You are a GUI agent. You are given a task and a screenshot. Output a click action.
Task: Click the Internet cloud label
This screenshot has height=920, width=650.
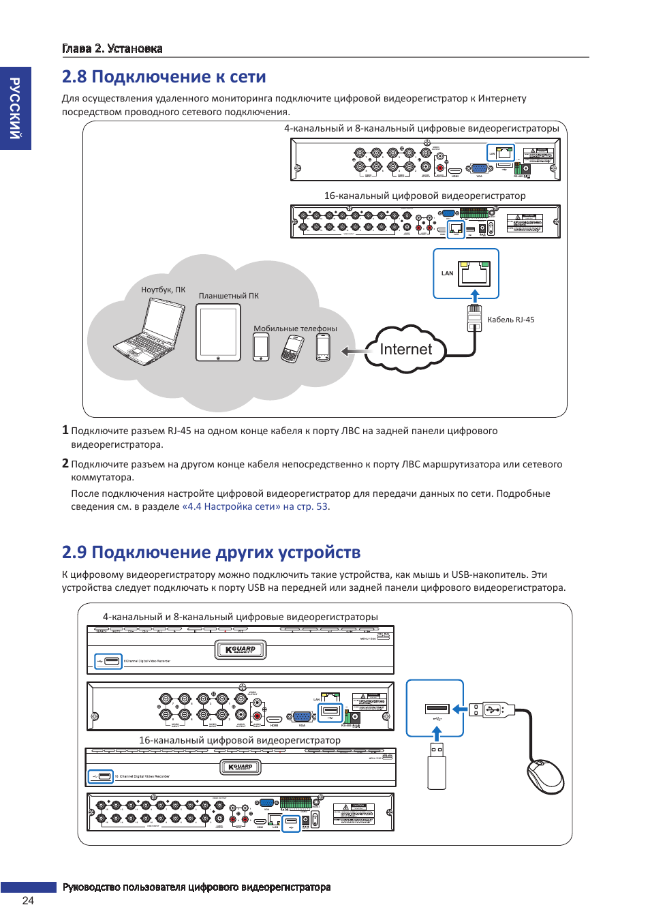click(x=405, y=350)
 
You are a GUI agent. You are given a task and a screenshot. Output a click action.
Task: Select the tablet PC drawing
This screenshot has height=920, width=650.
click(x=219, y=333)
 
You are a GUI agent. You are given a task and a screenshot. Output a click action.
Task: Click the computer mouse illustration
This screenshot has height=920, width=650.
click(x=545, y=776)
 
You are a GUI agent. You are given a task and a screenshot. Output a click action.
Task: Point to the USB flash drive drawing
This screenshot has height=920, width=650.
click(x=437, y=766)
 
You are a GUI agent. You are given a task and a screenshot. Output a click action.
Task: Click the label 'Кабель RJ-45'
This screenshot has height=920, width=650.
click(x=510, y=320)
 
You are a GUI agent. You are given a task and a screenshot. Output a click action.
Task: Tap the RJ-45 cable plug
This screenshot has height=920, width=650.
click(x=474, y=317)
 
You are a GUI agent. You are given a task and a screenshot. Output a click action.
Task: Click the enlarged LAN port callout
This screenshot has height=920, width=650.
click(x=466, y=273)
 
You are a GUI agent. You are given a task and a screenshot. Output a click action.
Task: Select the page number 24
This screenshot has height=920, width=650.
click(x=28, y=900)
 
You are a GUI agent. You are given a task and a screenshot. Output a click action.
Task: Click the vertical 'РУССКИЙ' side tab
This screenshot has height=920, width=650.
click(x=15, y=108)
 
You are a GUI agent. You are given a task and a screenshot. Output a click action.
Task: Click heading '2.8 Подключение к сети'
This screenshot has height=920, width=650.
click(x=164, y=77)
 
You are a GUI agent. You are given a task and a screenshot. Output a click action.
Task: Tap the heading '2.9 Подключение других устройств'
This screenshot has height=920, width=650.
click(x=211, y=552)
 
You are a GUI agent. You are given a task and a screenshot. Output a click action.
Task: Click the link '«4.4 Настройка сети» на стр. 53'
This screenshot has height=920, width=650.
click(x=255, y=506)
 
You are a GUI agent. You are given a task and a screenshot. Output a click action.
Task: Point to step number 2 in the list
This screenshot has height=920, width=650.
click(x=65, y=463)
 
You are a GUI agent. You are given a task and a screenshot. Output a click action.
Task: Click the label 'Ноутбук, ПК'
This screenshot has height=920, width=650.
click(x=163, y=290)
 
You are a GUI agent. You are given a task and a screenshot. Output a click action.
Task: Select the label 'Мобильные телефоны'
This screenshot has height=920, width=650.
click(x=295, y=328)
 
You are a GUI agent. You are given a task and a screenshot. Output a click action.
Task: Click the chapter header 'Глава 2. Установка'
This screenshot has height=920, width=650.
click(x=112, y=48)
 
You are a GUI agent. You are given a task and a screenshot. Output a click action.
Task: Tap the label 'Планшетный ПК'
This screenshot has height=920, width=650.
click(x=229, y=296)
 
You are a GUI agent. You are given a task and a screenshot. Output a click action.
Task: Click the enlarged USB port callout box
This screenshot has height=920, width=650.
click(x=435, y=708)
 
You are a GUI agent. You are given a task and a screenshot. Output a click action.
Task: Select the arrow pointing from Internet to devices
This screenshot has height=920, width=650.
click(x=352, y=352)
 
